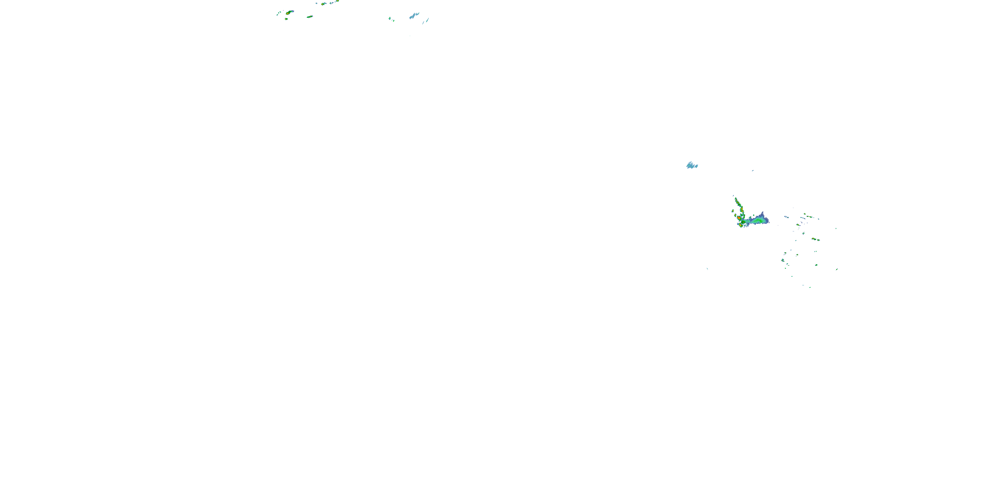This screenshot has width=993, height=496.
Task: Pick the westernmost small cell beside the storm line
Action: coord(733,211)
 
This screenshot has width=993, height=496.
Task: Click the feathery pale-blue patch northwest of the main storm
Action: coord(692,166)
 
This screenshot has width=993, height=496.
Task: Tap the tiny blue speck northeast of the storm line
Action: coord(753,171)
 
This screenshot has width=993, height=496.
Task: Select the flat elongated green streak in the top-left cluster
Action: coord(309,17)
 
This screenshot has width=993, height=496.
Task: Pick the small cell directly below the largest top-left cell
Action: coord(286,19)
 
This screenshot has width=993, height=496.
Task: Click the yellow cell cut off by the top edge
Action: coord(337,1)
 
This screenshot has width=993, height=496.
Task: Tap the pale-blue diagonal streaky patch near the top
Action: coord(414,16)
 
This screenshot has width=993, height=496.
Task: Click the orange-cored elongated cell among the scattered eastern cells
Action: coord(814,239)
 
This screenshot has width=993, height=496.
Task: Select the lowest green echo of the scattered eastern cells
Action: coord(810,287)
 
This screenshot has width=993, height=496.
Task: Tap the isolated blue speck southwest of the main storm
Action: coord(707,269)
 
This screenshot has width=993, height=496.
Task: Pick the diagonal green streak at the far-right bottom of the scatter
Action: coord(836,269)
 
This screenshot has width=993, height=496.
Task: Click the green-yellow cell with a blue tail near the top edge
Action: coord(323,3)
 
